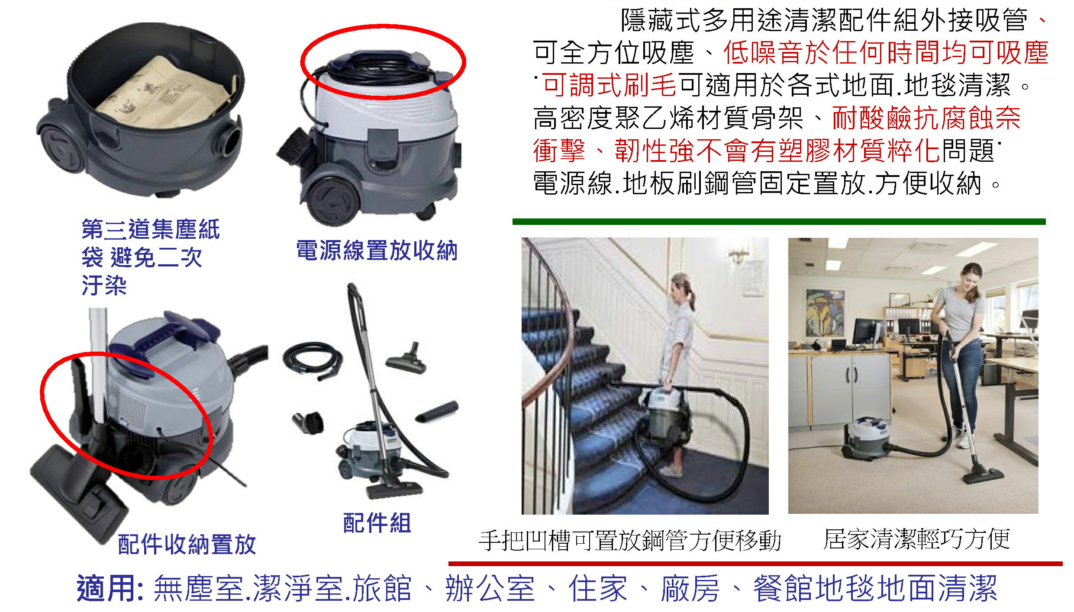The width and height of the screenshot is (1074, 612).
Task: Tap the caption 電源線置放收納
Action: tap(377, 250)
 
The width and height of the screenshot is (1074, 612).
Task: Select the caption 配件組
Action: tap(377, 523)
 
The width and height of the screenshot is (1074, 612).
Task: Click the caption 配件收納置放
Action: tap(187, 544)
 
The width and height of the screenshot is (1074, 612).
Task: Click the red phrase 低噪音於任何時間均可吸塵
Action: tap(885, 53)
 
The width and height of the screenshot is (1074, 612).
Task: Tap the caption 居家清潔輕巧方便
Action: tap(916, 539)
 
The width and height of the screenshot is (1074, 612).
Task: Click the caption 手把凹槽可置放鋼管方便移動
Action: tap(630, 541)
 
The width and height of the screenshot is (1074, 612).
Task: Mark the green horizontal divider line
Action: tap(779, 222)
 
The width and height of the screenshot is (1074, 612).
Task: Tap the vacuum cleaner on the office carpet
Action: tap(864, 437)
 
